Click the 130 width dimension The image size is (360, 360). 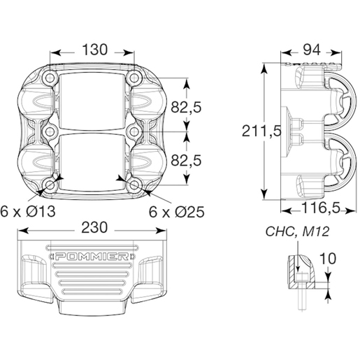coord(95,50)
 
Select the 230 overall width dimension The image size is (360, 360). coord(94,227)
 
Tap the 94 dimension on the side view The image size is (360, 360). coord(311,50)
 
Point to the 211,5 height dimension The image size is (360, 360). coord(261,131)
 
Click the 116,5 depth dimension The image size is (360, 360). coord(321,208)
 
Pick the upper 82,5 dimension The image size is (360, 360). coord(186,108)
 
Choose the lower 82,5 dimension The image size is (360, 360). coord(186,161)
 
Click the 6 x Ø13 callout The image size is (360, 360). coord(28,212)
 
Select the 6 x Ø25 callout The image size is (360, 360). coord(177,212)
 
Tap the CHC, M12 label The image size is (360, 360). coord(298,231)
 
